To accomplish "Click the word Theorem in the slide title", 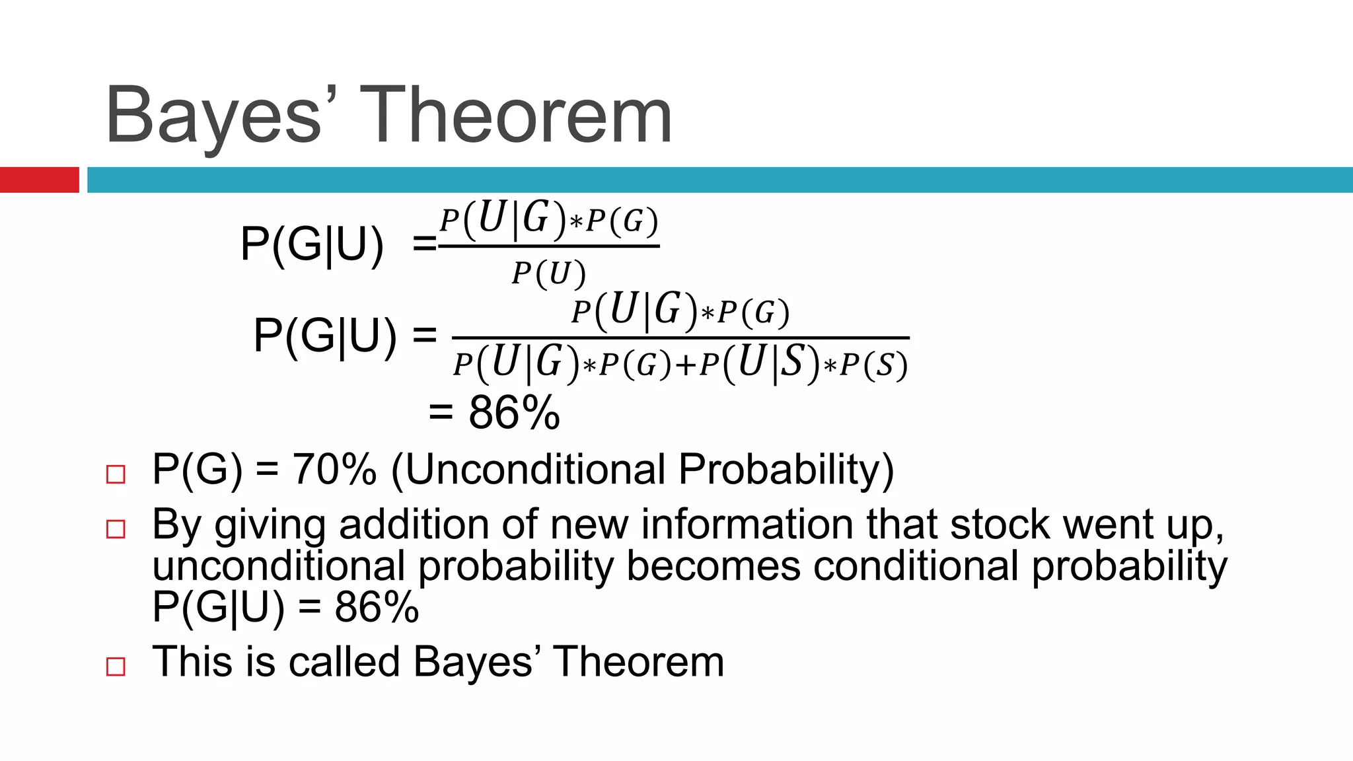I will pos(516,116).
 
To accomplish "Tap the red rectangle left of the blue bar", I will pos(39,180).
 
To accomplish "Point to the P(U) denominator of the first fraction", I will pos(548,273).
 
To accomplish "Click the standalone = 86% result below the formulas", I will pos(494,413).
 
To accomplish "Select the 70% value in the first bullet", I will pos(334,470).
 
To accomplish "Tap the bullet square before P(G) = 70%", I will pos(116,474).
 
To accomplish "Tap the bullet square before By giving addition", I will pos(116,529).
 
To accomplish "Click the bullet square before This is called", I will pos(116,667).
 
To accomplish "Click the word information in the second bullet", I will pos(747,525).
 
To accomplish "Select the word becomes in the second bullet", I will pos(713,566).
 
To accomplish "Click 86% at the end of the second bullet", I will pos(377,607).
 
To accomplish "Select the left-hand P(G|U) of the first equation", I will pos(312,245).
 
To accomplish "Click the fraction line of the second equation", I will pos(680,338).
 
